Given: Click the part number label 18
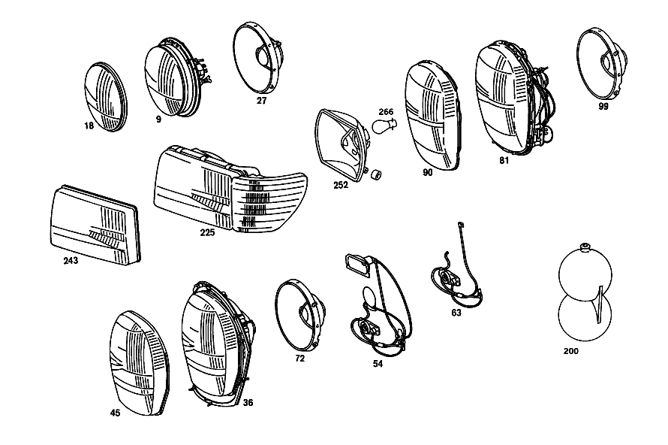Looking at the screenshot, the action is [x=89, y=126].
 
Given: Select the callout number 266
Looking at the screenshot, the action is [x=386, y=112].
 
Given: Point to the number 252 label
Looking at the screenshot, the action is [x=341, y=185].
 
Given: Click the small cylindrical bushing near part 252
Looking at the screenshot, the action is [x=376, y=174].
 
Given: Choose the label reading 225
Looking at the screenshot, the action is [x=207, y=232].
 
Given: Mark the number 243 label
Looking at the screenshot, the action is [x=71, y=260].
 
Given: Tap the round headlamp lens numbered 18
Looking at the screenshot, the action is [x=106, y=97].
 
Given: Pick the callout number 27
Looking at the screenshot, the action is [x=261, y=101].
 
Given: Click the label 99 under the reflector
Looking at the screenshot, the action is [x=603, y=107].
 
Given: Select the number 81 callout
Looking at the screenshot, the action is [x=504, y=160].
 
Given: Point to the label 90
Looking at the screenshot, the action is [x=427, y=172].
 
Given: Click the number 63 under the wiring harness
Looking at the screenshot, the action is [x=456, y=313].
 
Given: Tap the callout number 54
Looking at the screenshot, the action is [x=378, y=364].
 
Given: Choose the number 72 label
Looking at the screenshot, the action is [x=300, y=359].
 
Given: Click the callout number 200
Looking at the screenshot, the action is [x=571, y=351].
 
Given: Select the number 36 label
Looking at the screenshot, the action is [x=248, y=402].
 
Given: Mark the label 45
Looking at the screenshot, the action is [x=115, y=413].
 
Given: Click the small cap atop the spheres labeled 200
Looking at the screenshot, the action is [x=585, y=246].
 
